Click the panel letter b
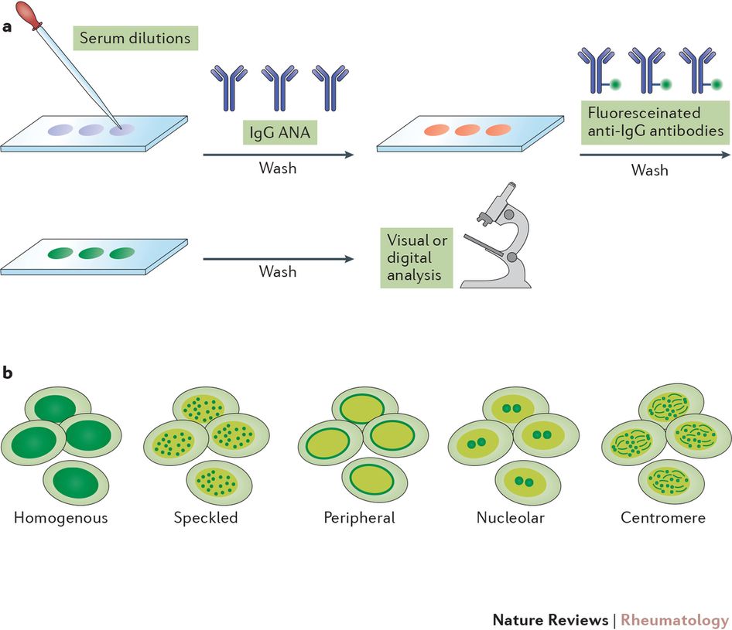(x=7, y=373)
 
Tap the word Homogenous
(x=60, y=518)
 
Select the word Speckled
(x=206, y=518)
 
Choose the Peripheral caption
(x=359, y=518)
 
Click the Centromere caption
(x=663, y=518)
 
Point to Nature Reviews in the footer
(x=549, y=620)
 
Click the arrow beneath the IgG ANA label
(x=278, y=155)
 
